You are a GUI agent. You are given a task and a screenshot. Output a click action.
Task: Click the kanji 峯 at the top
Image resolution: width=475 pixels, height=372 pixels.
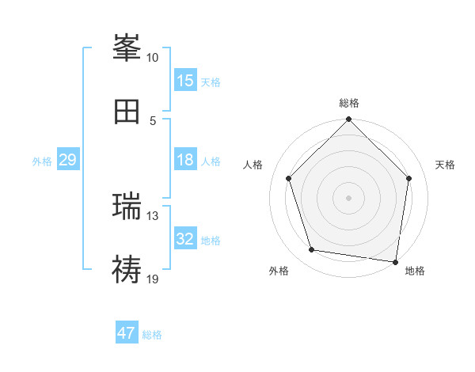pyautogui.click(x=127, y=49)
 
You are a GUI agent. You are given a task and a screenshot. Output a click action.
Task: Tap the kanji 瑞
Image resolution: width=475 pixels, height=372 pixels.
pyautogui.click(x=127, y=207)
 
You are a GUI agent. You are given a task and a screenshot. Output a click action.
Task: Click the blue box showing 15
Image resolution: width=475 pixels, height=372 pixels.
pyautogui.click(x=185, y=81)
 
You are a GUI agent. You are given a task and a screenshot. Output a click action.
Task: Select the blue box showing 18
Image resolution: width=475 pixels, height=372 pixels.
pyautogui.click(x=185, y=160)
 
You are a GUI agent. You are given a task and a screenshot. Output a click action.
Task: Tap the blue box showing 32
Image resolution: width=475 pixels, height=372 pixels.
pyautogui.click(x=185, y=239)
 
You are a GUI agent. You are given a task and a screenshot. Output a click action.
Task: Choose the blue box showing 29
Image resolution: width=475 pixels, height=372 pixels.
pyautogui.click(x=67, y=160)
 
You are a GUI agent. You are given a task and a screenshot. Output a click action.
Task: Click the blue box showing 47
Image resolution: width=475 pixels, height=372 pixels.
pyautogui.click(x=127, y=333)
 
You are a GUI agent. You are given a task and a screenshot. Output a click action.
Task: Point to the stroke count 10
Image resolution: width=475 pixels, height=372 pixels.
pyautogui.click(x=152, y=58)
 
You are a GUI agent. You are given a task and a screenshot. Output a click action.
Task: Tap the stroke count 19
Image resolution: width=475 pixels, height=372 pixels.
pyautogui.click(x=152, y=279)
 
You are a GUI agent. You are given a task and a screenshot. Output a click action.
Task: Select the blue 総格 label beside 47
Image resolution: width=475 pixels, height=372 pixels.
pyautogui.click(x=152, y=335)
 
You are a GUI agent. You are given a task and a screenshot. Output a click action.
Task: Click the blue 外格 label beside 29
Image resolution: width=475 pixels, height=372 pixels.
pyautogui.click(x=42, y=161)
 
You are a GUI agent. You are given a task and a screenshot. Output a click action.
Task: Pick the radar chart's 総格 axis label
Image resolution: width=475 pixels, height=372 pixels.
pyautogui.click(x=349, y=103)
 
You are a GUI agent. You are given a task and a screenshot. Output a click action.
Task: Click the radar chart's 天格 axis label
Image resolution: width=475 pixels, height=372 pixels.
pyautogui.click(x=445, y=165)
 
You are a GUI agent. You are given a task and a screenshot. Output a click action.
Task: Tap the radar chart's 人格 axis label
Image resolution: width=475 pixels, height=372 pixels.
pyautogui.click(x=253, y=165)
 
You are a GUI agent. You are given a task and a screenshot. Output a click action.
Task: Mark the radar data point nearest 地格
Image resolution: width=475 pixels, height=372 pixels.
pyautogui.click(x=394, y=261)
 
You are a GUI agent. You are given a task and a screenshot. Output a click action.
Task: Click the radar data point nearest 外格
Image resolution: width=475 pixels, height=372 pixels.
pyautogui.click(x=312, y=250)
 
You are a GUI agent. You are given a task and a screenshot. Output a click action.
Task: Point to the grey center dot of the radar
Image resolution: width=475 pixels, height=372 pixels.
pyautogui.click(x=349, y=198)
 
